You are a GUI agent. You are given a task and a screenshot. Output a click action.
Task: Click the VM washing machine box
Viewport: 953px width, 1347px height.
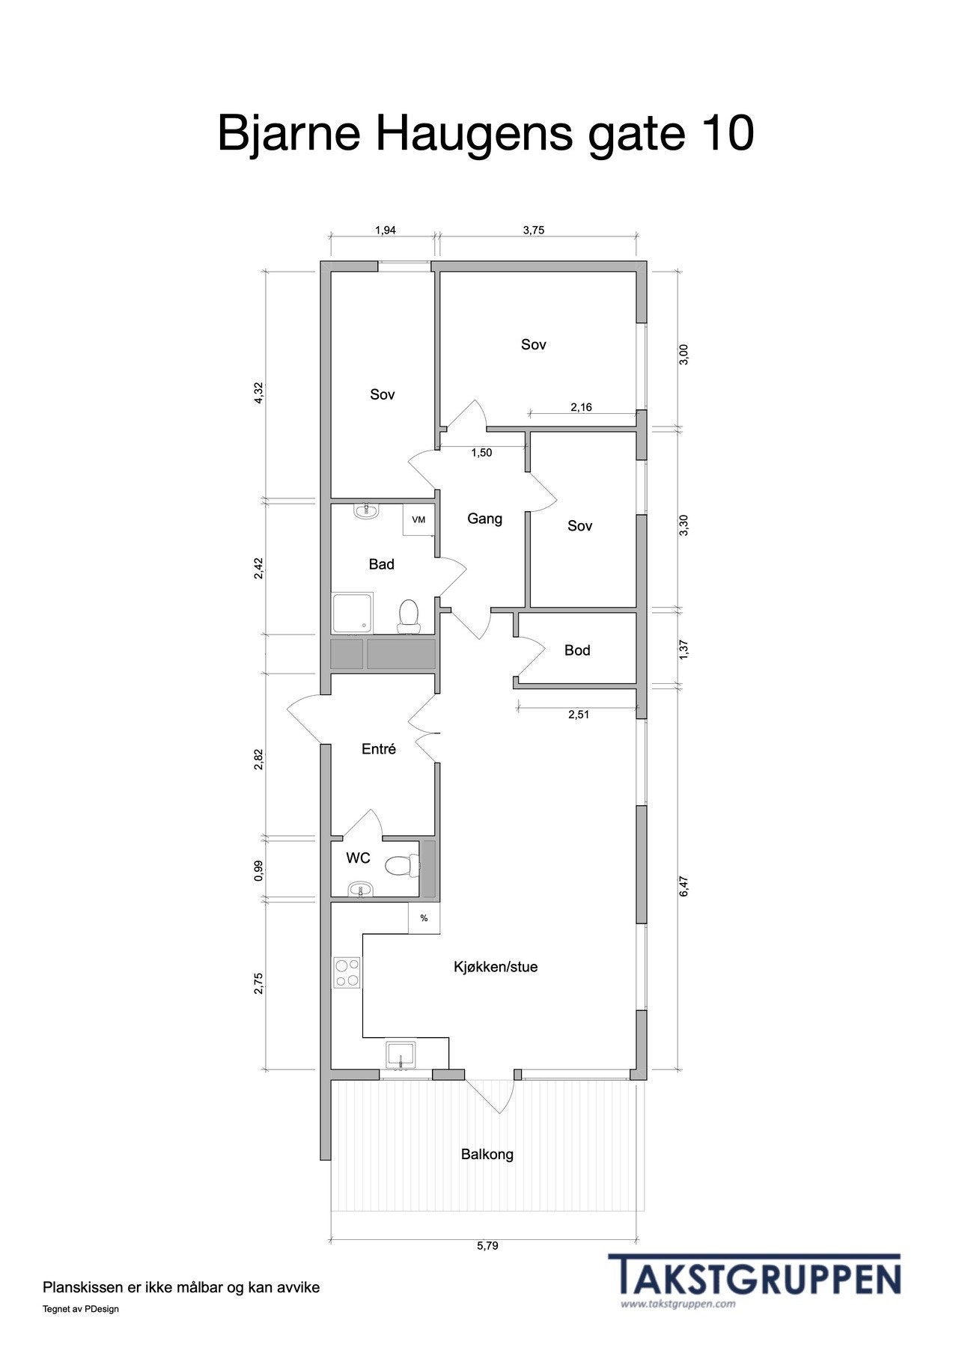click(418, 519)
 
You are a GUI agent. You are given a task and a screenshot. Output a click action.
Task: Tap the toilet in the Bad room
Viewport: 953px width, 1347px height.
click(409, 613)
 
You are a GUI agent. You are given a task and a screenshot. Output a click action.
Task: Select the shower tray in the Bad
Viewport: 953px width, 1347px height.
click(352, 614)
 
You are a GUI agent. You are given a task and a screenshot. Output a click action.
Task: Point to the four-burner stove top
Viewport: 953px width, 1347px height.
click(347, 972)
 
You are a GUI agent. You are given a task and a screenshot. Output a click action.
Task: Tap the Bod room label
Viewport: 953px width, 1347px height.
click(577, 650)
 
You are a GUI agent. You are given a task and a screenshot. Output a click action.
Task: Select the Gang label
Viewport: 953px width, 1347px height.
click(484, 519)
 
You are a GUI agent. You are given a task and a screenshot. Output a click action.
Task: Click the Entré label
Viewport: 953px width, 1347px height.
click(379, 749)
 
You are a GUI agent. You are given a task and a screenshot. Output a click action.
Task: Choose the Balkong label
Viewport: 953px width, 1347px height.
click(487, 1154)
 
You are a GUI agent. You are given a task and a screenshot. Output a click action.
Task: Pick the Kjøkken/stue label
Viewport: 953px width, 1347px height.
click(496, 967)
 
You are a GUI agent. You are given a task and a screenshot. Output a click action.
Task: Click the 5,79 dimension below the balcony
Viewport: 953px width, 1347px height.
click(487, 1246)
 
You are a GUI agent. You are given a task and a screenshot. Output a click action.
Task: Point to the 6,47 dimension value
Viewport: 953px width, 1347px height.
click(683, 886)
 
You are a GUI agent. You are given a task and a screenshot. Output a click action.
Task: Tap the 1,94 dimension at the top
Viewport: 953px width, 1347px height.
click(386, 230)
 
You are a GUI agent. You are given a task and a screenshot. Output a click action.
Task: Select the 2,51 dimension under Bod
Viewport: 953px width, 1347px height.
click(579, 715)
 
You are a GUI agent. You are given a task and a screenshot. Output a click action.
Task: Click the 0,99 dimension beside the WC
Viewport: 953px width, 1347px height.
click(259, 871)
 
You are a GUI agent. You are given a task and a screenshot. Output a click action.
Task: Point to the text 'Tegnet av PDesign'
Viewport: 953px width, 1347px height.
click(81, 1309)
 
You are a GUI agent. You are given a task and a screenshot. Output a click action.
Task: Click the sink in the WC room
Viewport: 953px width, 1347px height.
click(361, 890)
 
